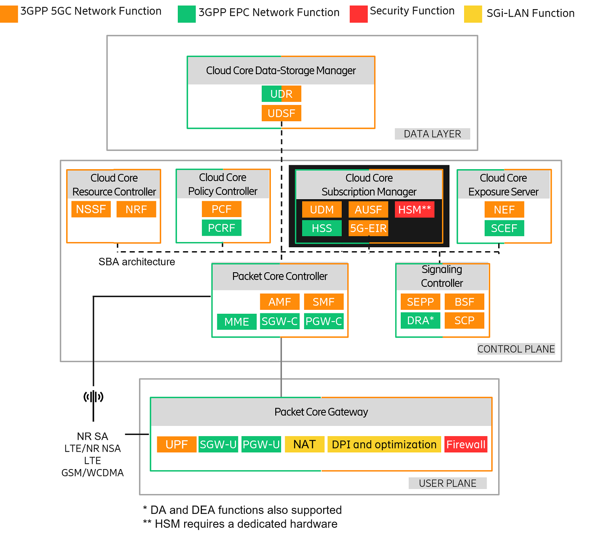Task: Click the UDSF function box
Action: (x=281, y=113)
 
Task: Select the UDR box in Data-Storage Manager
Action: (x=281, y=94)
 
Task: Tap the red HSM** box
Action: (x=414, y=210)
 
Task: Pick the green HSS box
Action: (x=322, y=228)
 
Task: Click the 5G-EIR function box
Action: (x=368, y=228)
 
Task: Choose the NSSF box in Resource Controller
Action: (x=91, y=209)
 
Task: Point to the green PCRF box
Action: (x=221, y=228)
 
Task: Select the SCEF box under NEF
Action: (x=504, y=228)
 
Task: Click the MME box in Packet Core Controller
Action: (x=236, y=322)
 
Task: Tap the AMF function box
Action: (x=280, y=302)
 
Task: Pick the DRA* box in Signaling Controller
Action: (x=420, y=321)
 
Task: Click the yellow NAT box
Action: (x=304, y=445)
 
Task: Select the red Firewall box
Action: (x=466, y=445)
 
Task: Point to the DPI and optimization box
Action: (x=384, y=445)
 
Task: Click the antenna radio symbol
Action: (x=93, y=397)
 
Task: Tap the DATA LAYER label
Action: (x=432, y=134)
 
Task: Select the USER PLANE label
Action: (x=447, y=483)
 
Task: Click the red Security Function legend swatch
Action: (x=358, y=14)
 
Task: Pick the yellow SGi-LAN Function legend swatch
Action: (x=473, y=14)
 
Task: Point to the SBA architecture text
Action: (x=137, y=262)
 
